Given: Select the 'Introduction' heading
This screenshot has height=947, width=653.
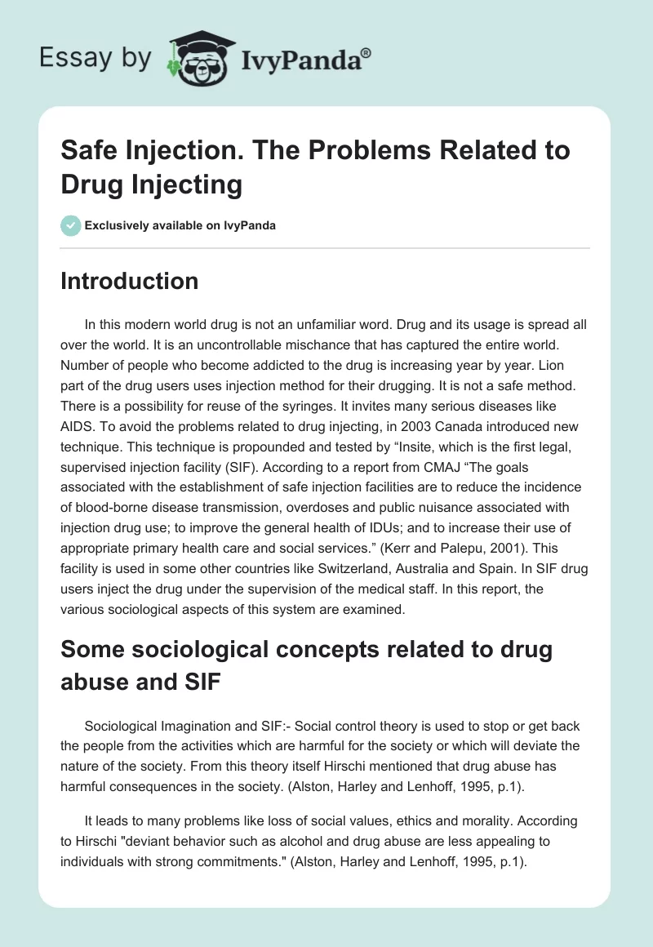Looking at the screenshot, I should tap(130, 281).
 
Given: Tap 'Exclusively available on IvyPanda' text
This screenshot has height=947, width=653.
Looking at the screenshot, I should tap(180, 225).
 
